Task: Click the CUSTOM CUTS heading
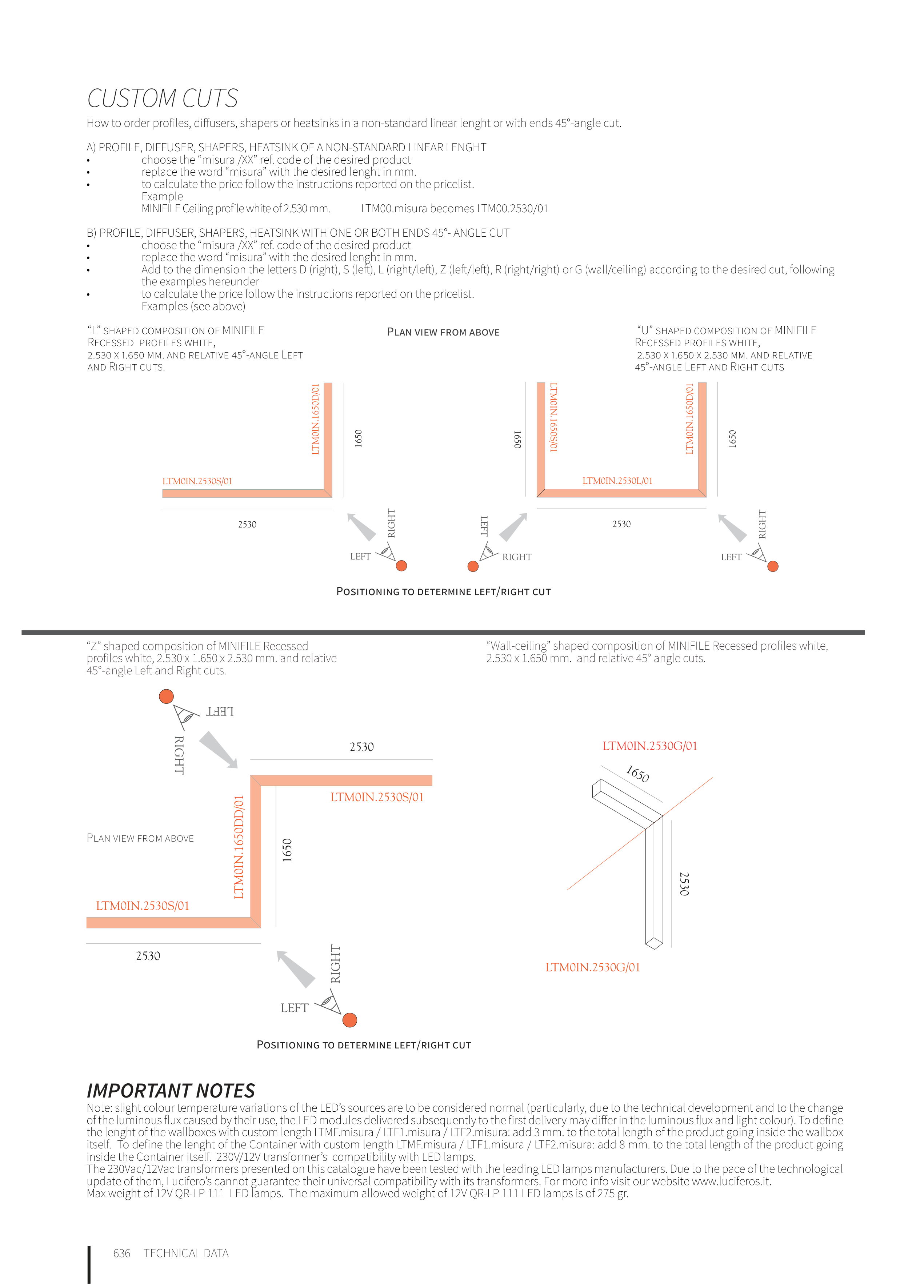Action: (x=162, y=99)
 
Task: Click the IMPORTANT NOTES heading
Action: (x=171, y=1091)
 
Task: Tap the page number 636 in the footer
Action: (x=121, y=1253)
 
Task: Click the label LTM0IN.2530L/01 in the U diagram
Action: (x=617, y=481)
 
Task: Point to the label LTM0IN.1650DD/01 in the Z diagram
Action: (x=239, y=847)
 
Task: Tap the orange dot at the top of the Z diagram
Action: (x=166, y=696)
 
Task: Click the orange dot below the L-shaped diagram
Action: (x=401, y=566)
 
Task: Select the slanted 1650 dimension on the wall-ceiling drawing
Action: (x=637, y=774)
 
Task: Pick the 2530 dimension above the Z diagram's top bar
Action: (x=361, y=747)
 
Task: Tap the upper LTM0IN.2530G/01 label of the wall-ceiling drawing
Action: (x=649, y=746)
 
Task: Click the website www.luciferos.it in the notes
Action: (x=731, y=1181)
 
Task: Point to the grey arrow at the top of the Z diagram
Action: (x=219, y=749)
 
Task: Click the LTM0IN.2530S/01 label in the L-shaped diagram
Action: (x=197, y=481)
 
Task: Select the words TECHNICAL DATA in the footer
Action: (x=186, y=1253)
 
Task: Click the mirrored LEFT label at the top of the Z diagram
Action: (x=219, y=711)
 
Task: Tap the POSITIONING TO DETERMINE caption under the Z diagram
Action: (x=364, y=1045)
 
